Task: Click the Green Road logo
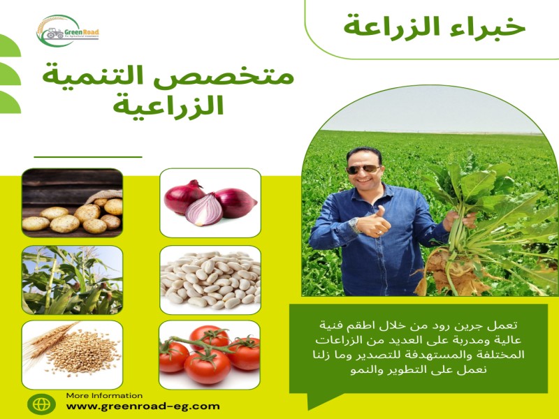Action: click(68, 32)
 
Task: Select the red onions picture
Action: click(210, 202)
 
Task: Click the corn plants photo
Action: click(72, 279)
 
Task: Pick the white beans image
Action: click(210, 279)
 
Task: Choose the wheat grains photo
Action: click(72, 354)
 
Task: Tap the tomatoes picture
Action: click(210, 354)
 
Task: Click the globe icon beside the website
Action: click(41, 404)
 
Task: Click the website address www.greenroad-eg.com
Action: click(143, 406)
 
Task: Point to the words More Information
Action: click(104, 395)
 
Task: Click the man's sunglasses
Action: click(363, 170)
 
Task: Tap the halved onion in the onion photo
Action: click(203, 209)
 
